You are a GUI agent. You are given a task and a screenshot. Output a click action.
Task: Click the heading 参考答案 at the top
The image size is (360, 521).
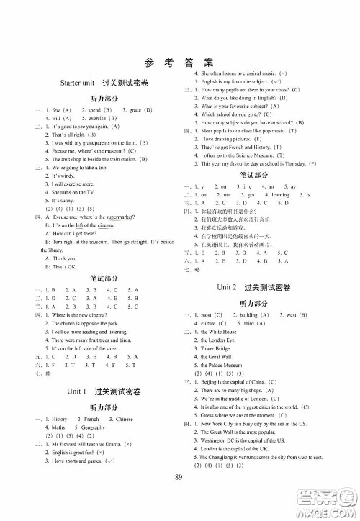(x=180, y=62)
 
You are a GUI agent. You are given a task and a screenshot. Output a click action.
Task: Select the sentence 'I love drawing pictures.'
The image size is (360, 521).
(x=232, y=137)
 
